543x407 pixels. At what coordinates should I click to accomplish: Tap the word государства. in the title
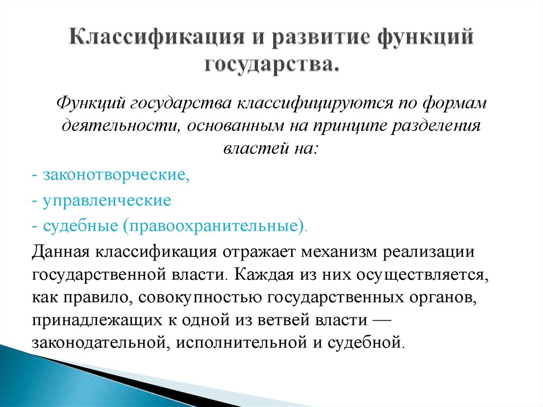(x=271, y=66)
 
